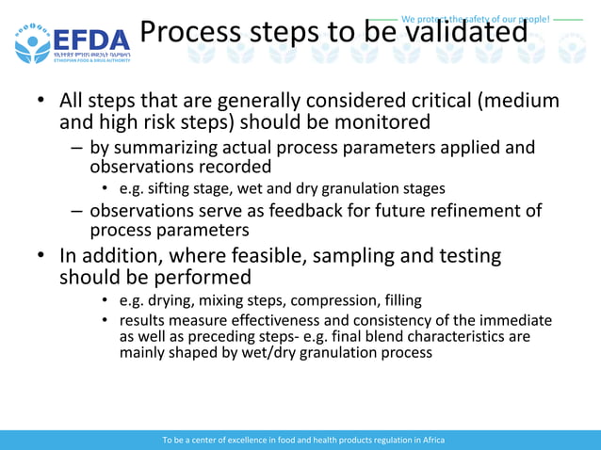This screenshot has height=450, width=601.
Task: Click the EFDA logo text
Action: click(x=91, y=40)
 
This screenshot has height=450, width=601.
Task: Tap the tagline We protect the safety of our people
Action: click(x=475, y=19)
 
